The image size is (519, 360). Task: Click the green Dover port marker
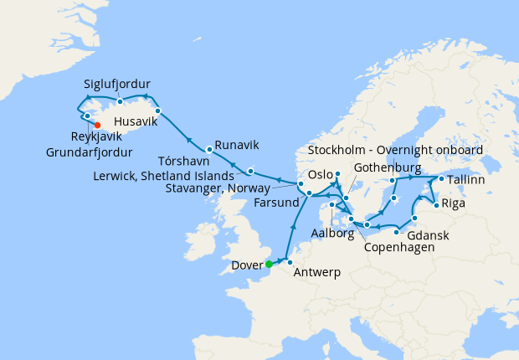[x=269, y=264]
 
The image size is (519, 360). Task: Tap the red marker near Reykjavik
[x=98, y=126]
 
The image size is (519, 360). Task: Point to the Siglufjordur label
[x=117, y=85]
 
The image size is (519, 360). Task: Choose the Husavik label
[x=135, y=121]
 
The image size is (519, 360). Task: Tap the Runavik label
[x=237, y=144]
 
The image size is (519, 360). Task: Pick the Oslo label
[x=321, y=176]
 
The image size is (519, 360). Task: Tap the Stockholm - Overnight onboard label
[x=395, y=150]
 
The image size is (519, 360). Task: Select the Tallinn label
[x=470, y=181]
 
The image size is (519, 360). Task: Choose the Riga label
[x=454, y=203]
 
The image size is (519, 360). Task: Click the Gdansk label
[x=427, y=236]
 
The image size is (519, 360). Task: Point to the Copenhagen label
[x=398, y=249]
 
